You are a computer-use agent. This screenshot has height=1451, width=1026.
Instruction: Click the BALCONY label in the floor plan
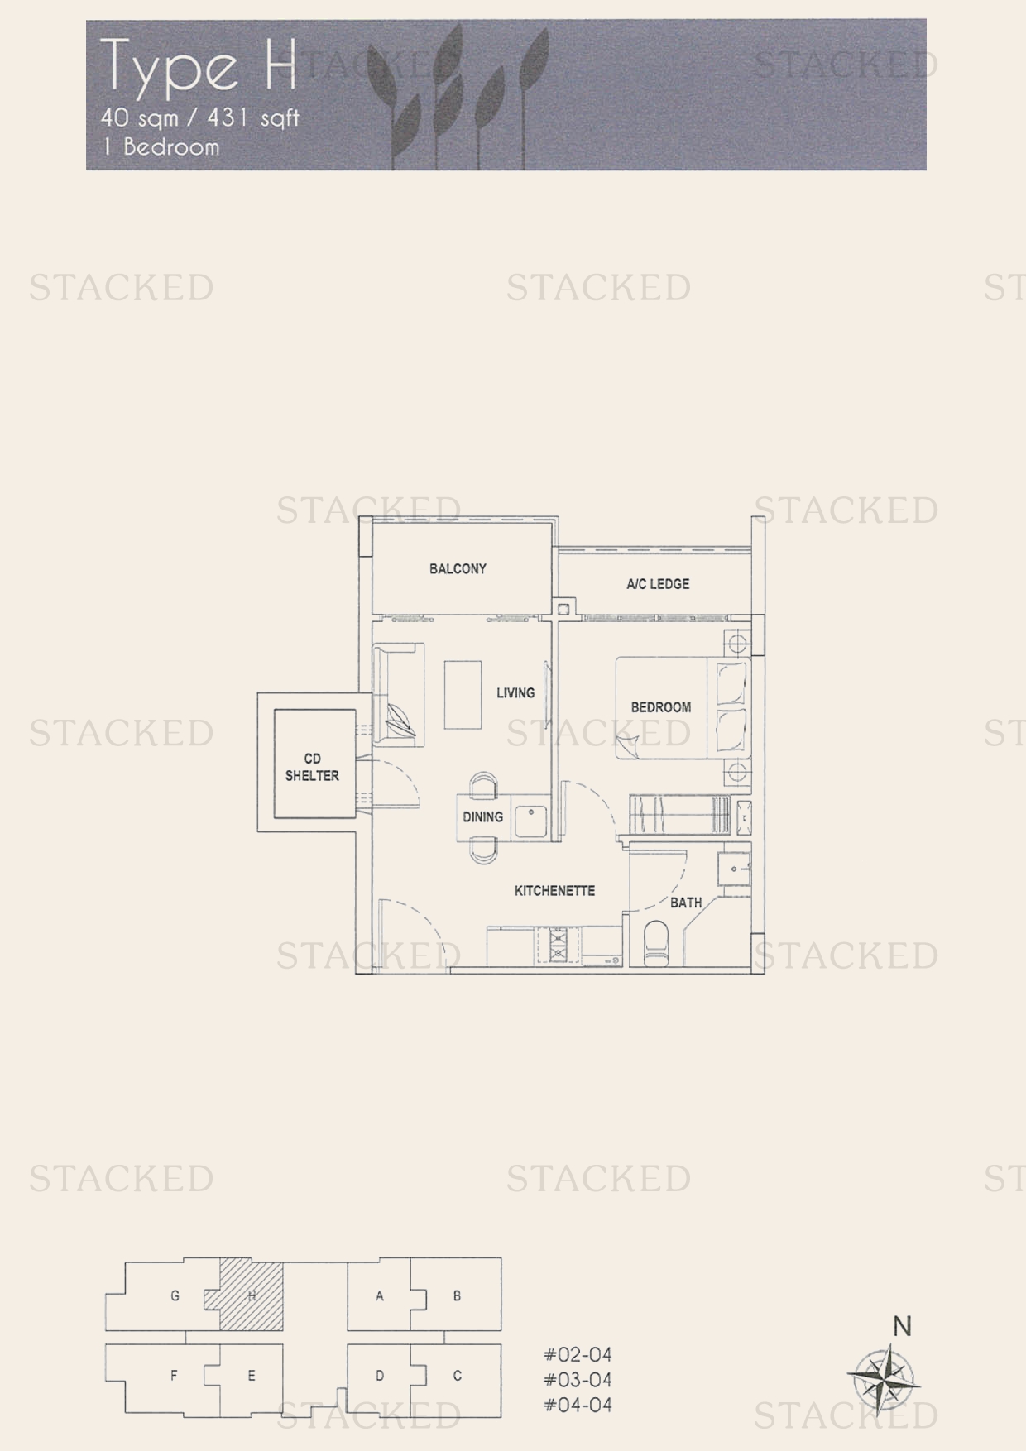(458, 568)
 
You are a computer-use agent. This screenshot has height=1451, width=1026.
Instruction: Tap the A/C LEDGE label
(658, 584)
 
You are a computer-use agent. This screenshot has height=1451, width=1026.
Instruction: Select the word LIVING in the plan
(515, 692)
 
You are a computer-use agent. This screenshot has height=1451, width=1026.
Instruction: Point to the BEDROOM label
(660, 707)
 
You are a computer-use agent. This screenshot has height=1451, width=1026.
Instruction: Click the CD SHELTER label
(312, 767)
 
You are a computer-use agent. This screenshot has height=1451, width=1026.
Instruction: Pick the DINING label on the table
(482, 817)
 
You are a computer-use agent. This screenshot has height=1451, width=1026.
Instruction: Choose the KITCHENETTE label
(554, 891)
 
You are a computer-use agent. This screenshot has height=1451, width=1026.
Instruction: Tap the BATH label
(686, 903)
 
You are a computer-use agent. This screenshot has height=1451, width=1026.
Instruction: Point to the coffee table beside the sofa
(463, 694)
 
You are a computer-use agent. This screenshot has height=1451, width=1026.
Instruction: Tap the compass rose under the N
(884, 1377)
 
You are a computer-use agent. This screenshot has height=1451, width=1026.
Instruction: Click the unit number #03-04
(578, 1379)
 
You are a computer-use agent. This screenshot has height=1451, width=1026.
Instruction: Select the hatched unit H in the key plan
(252, 1295)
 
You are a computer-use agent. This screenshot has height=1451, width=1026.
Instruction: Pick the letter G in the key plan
(175, 1295)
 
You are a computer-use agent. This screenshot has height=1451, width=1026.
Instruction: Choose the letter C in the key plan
(457, 1376)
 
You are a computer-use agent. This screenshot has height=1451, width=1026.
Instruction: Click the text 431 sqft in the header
(253, 118)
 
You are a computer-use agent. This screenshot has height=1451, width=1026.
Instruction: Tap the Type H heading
(199, 66)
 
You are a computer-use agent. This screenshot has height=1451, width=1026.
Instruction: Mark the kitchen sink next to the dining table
(530, 820)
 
